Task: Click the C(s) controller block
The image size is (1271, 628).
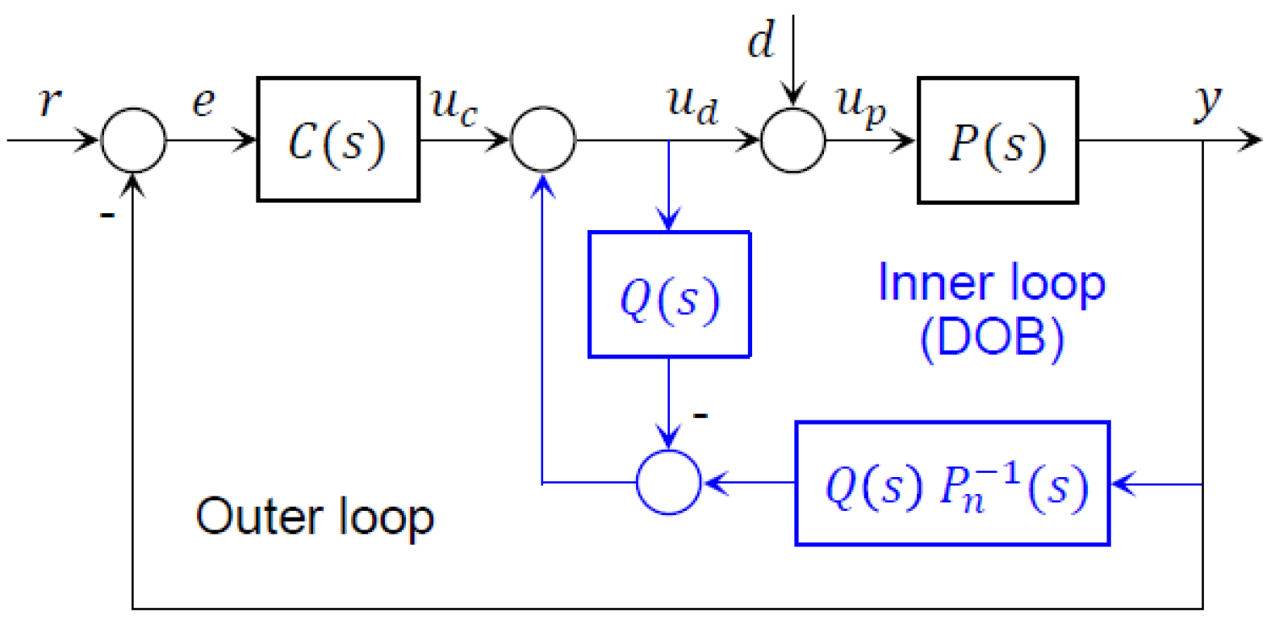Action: pos(337,140)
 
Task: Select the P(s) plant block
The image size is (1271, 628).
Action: pos(997,141)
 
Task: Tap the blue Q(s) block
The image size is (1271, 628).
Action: pos(669,295)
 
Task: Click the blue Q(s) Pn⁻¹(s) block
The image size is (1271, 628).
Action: pos(952,484)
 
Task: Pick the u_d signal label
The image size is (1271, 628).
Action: pos(692,105)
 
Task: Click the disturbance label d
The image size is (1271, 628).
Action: pos(760,40)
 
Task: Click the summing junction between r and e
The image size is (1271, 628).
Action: pos(133,140)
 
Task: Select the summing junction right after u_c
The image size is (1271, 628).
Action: pos(543,140)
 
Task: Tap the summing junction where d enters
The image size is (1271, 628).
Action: pos(793,140)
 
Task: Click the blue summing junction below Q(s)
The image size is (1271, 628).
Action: pos(668,483)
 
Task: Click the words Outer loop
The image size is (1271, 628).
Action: pos(315,517)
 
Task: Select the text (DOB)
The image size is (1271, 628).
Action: pos(992,337)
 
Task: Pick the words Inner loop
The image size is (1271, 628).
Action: pos(991,283)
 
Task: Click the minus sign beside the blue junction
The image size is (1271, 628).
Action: pos(700,416)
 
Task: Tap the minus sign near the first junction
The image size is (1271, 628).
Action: pos(107,215)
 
